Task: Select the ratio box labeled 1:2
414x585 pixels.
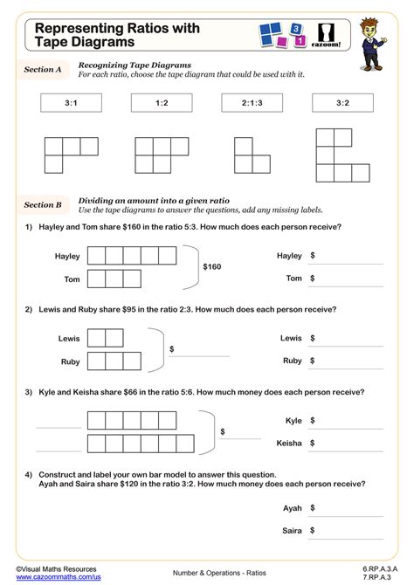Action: pos(162,103)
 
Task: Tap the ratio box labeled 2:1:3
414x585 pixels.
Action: pos(252,103)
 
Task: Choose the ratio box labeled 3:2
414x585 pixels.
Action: pos(342,103)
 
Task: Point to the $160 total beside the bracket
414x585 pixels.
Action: pos(213,267)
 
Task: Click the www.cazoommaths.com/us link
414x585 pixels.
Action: pos(52,577)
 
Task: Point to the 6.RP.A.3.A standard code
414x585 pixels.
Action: pos(380,568)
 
